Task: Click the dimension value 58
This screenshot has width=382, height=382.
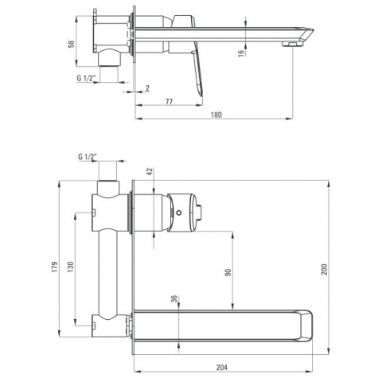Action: point(72,44)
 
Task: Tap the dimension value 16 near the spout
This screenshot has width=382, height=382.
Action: point(241,53)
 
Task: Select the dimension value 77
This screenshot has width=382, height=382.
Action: point(169,101)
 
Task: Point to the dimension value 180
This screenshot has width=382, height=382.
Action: point(216,115)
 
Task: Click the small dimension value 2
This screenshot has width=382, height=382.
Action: point(147,88)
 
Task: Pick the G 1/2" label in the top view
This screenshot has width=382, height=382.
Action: point(86,78)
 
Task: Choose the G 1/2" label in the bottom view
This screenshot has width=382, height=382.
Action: point(88,157)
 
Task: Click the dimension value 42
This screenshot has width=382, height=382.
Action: point(150,172)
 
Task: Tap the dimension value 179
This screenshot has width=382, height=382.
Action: point(55,267)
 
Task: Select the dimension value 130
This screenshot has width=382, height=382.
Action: point(70,267)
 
